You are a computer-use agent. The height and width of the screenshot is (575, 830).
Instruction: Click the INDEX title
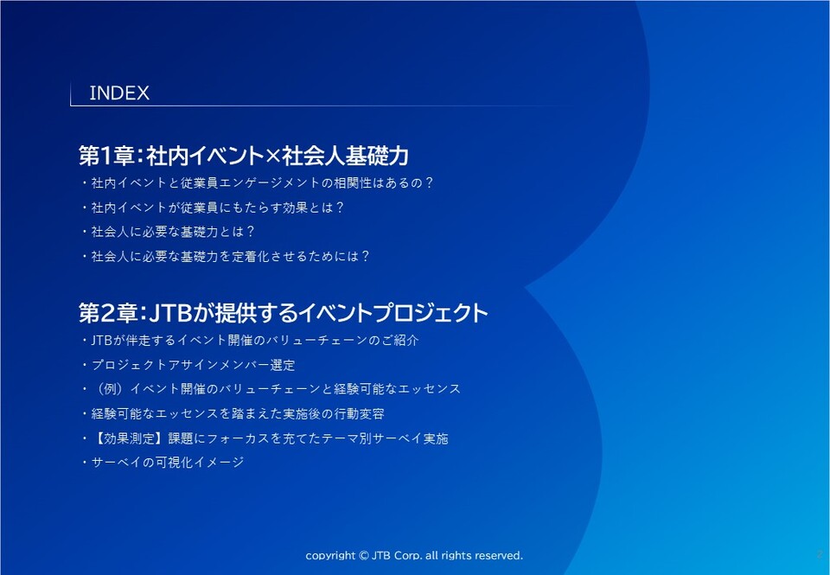[x=119, y=93]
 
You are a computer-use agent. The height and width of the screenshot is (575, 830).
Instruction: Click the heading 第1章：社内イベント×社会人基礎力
[x=244, y=156]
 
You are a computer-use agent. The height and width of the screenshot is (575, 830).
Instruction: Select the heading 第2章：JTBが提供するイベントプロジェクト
[x=284, y=313]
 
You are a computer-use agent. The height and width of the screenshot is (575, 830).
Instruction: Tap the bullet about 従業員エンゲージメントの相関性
[x=258, y=183]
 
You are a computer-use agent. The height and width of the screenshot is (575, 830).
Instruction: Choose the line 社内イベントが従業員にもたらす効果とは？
[x=213, y=208]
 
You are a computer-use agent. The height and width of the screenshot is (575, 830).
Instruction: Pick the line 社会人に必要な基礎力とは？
[x=169, y=232]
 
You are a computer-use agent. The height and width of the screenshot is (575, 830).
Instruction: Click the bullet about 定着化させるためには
[x=226, y=256]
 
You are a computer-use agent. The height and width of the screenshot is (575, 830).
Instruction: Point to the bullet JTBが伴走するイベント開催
[x=251, y=340]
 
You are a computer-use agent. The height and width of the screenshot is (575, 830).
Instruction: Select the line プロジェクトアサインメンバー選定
[x=188, y=365]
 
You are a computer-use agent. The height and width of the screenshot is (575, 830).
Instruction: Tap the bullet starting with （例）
[x=271, y=389]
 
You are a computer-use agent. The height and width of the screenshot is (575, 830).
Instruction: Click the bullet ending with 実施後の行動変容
[x=233, y=413]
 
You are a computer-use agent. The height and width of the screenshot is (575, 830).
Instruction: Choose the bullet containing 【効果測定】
[x=265, y=438]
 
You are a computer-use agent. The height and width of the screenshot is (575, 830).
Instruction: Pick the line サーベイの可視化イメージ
[x=163, y=463]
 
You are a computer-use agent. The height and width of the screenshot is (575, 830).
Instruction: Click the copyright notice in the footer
[x=414, y=555]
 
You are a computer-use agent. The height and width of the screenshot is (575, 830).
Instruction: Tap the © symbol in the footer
[x=364, y=555]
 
